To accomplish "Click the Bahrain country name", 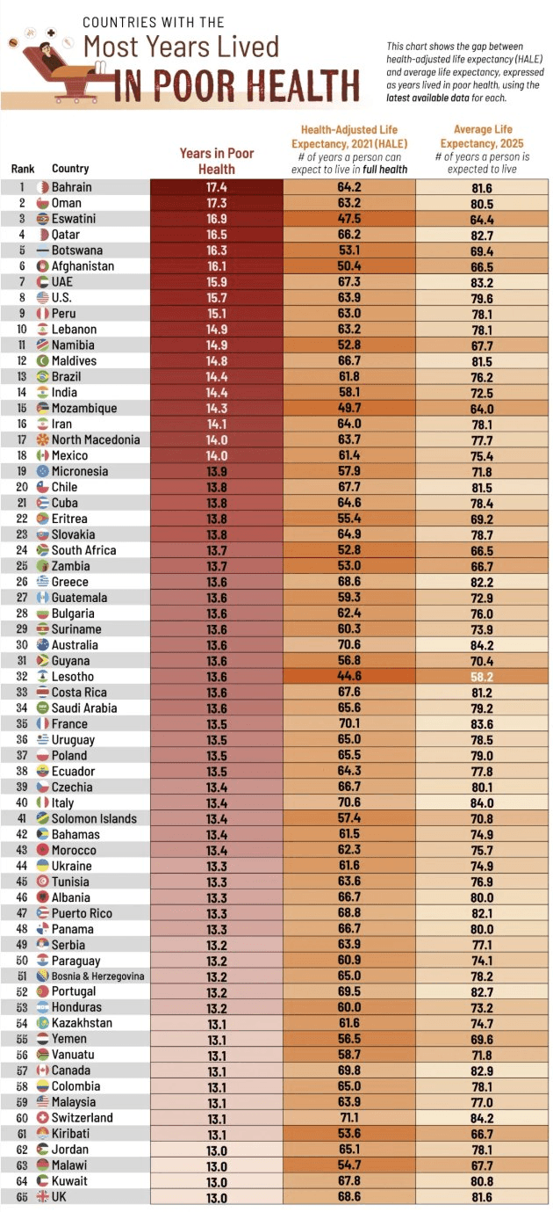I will coord(71,187).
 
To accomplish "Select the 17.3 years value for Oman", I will coord(217,203).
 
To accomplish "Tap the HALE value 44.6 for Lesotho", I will coord(348,676).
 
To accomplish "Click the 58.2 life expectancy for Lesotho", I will coord(481,676).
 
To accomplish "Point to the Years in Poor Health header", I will coord(217,161).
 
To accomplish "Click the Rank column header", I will coord(22,169).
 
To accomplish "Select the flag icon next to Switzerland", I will coord(42,1118).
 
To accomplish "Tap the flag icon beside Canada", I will coord(42,1070).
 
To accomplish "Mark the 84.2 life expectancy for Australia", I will coord(481,644).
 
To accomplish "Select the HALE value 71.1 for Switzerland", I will coord(348,1118).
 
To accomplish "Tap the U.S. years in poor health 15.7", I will coord(217,298).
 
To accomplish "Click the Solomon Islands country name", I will coord(94,818).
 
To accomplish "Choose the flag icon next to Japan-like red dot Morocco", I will coord(42,850).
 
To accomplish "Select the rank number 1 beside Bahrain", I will coord(21,187).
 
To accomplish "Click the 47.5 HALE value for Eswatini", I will coord(348,219).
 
